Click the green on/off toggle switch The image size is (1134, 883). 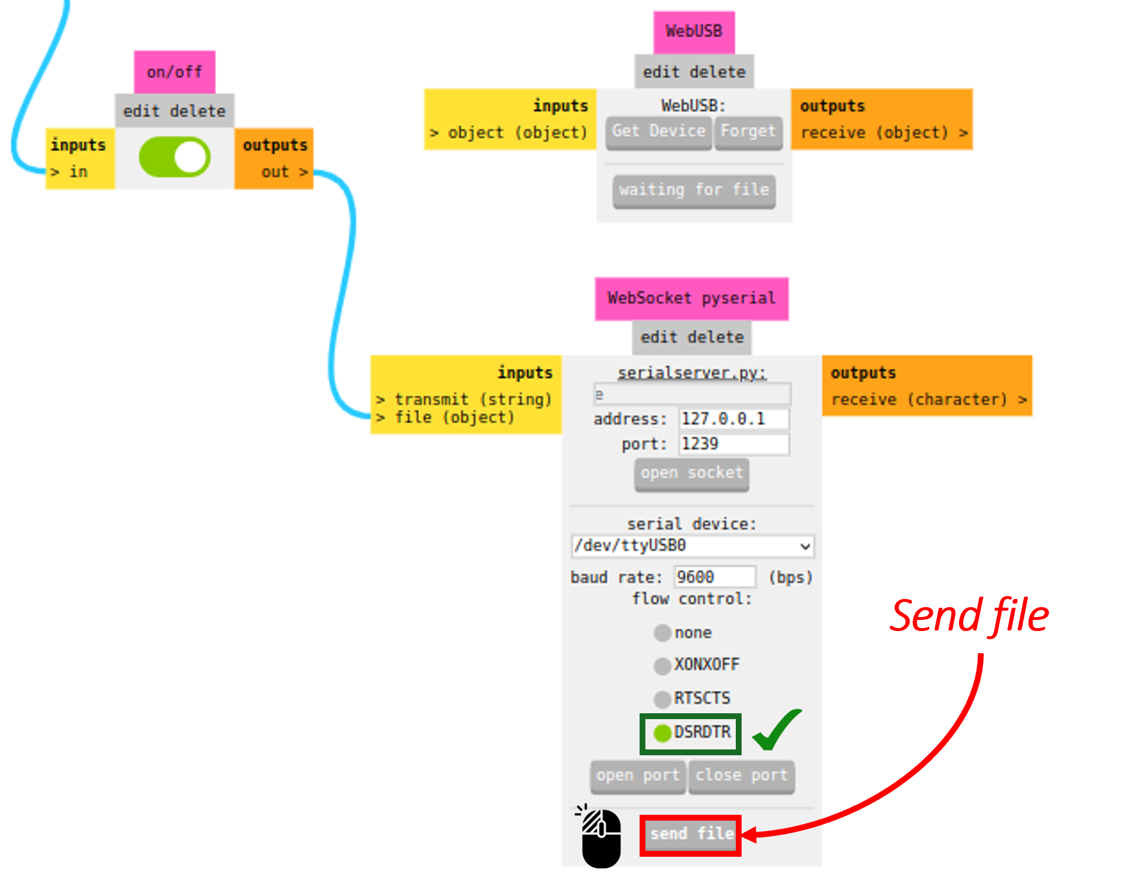pyautogui.click(x=174, y=157)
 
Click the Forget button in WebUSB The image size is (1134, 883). pyautogui.click(x=748, y=131)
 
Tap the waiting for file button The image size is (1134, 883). pyautogui.click(x=694, y=190)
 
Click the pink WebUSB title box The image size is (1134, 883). pyautogui.click(x=694, y=31)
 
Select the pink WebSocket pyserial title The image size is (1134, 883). pyautogui.click(x=691, y=299)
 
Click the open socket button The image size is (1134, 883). pyautogui.click(x=691, y=473)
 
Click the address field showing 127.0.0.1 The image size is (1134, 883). pyautogui.click(x=733, y=419)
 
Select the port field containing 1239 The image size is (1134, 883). pyautogui.click(x=733, y=444)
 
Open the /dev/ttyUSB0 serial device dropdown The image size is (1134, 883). pyautogui.click(x=692, y=546)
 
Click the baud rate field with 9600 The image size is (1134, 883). pyautogui.click(x=714, y=577)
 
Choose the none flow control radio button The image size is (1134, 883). pyautogui.click(x=662, y=633)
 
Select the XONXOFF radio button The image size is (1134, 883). pyautogui.click(x=662, y=665)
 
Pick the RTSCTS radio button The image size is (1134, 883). pyautogui.click(x=662, y=699)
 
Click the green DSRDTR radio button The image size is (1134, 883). pyautogui.click(x=662, y=733)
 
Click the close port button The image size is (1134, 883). pyautogui.click(x=741, y=776)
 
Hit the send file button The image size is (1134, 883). pyautogui.click(x=691, y=835)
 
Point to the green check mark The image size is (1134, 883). pyautogui.click(x=776, y=730)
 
